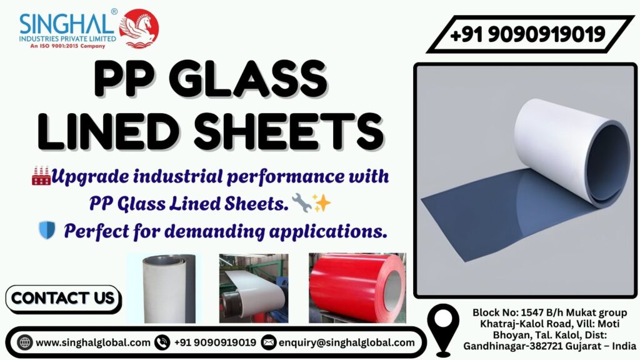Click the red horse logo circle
pyautogui.click(x=139, y=28)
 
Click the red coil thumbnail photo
pyautogui.click(x=357, y=287)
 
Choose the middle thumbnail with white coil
pyautogui.click(x=253, y=287)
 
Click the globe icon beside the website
pyautogui.click(x=25, y=342)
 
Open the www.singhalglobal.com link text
pyautogui.click(x=93, y=342)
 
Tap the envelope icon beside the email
pyautogui.click(x=269, y=342)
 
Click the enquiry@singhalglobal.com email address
pyautogui.click(x=347, y=342)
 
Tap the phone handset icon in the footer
pyautogui.click(x=162, y=342)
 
